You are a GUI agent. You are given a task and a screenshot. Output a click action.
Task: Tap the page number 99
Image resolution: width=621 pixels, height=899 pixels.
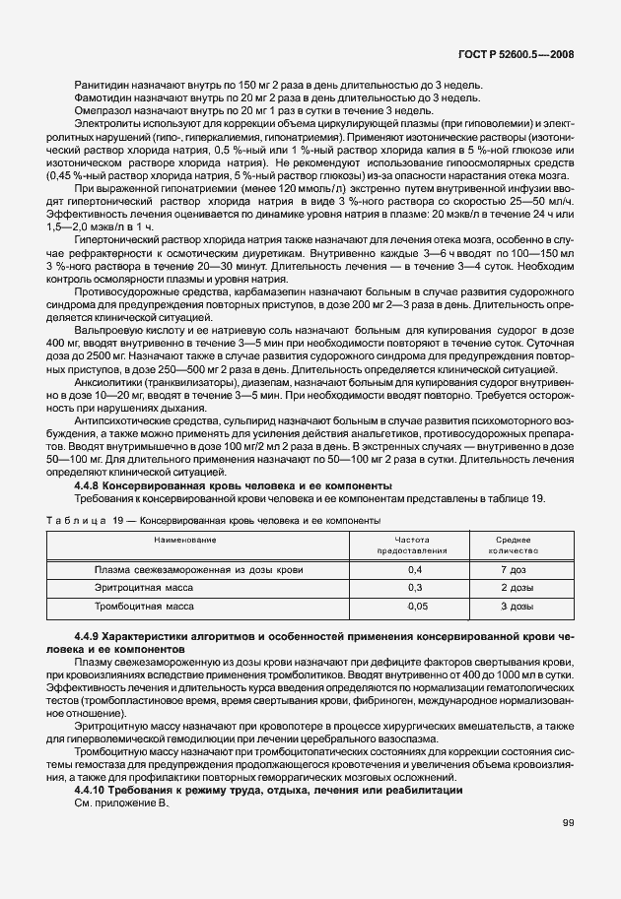[569, 823]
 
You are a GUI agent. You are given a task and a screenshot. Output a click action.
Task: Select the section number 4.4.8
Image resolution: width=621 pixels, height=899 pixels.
[90, 486]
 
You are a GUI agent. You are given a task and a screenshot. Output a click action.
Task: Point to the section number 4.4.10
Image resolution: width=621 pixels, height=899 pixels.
[92, 791]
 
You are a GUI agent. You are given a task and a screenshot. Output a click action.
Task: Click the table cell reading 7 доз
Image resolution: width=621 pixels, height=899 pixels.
[517, 570]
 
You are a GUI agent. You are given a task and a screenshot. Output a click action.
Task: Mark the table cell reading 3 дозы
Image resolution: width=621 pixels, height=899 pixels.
[517, 608]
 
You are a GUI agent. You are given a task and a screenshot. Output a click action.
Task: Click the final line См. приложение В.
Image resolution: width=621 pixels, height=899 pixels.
[123, 803]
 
